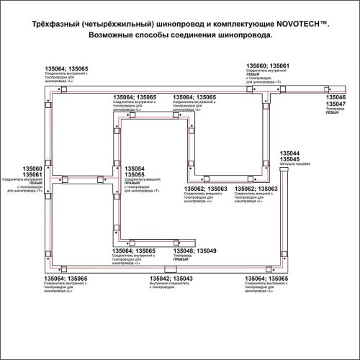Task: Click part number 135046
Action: point(336,96)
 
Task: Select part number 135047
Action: point(336,104)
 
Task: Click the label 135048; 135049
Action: point(194,251)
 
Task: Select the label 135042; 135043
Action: point(171,278)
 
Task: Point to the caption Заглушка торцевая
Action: point(294,166)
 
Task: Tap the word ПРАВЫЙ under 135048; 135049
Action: point(183,261)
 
